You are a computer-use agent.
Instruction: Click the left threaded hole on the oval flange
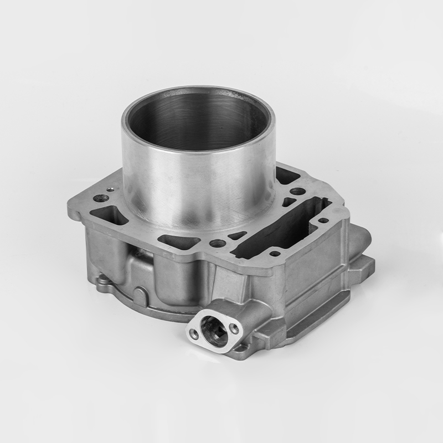tap(193, 333)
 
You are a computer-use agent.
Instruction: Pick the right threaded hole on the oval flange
tap(234, 328)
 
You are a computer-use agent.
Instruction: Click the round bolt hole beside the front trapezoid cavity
tap(217, 243)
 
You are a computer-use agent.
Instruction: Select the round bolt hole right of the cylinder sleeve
tap(297, 192)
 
